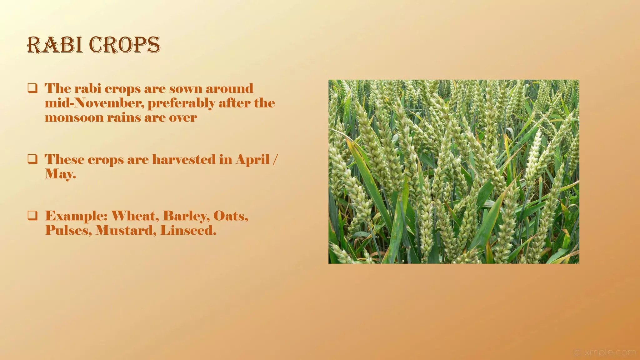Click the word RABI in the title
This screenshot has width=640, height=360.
[55, 45]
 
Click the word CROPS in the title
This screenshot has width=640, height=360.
[125, 45]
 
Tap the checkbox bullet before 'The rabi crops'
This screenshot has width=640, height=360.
[32, 88]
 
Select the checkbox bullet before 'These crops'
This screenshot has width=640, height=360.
[32, 159]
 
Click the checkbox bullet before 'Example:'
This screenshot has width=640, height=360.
[32, 215]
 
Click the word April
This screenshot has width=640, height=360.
[252, 160]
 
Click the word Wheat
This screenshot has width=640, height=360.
[135, 216]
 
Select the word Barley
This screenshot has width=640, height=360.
[186, 216]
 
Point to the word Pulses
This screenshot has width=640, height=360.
[68, 231]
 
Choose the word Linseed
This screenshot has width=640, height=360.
[188, 231]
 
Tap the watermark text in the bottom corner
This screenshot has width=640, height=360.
[605, 352]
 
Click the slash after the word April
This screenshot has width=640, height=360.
[274, 159]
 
